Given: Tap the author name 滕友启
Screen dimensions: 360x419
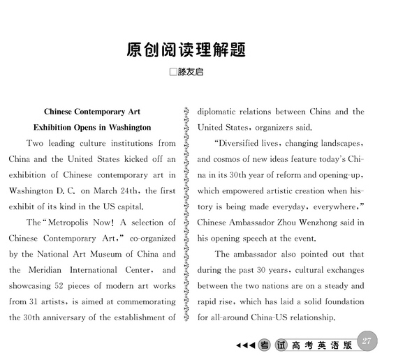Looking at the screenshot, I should (191, 72).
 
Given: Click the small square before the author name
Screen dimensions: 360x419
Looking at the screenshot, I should (173, 72).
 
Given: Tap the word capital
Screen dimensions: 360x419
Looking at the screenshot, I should (127, 207).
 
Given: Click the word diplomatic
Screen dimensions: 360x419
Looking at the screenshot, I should (220, 112).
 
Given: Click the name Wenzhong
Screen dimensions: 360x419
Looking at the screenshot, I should (327, 223).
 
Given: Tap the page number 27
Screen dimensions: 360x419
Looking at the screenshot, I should (368, 340).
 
